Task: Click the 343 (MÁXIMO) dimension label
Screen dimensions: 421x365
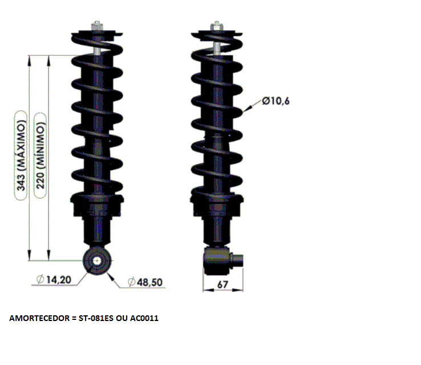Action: (21, 155)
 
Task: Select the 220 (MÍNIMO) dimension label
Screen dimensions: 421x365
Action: (40, 155)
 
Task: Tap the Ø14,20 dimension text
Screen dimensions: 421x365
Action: (54, 279)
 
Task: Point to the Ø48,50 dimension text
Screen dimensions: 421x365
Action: (145, 282)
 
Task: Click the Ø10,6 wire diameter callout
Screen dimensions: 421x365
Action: (276, 101)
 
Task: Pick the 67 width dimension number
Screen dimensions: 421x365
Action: (222, 284)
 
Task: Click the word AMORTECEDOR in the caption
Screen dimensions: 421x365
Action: (39, 318)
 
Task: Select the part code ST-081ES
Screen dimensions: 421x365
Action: (96, 318)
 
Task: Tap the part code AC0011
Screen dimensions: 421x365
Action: (144, 318)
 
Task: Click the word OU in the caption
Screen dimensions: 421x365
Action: (122, 318)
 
